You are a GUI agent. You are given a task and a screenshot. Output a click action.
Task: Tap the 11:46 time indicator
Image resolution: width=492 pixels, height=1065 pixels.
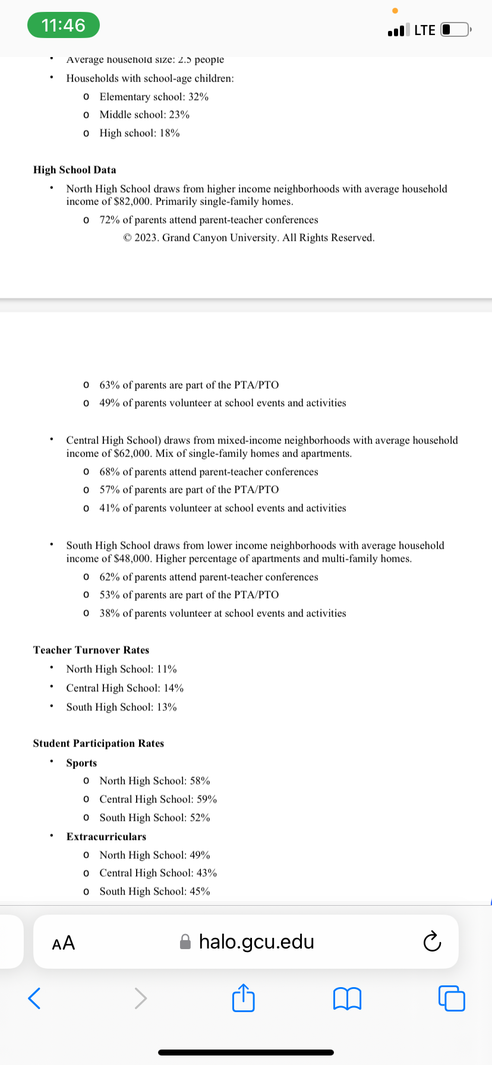(63, 26)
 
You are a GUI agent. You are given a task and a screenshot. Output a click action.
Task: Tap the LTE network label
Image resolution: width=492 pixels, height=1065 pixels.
(425, 30)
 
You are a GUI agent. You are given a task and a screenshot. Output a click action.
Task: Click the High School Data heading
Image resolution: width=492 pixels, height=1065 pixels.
(75, 170)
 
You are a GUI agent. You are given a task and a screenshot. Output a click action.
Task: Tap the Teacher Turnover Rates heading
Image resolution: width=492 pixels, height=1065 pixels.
(91, 650)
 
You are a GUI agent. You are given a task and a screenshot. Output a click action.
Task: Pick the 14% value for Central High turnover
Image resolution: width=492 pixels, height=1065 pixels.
(174, 688)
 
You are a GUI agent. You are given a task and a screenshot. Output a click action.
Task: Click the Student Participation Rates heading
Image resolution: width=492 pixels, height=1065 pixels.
(99, 743)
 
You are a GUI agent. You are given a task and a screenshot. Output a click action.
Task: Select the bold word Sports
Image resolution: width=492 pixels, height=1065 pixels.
(81, 763)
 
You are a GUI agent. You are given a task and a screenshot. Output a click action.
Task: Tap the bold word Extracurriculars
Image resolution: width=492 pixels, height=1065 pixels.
(106, 837)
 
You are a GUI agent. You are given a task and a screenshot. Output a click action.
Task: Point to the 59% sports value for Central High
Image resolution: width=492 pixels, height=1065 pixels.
(207, 799)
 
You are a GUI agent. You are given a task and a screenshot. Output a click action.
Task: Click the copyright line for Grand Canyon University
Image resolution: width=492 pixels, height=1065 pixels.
(249, 238)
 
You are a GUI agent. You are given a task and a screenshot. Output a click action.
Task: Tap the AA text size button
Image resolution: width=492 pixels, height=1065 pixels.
(64, 943)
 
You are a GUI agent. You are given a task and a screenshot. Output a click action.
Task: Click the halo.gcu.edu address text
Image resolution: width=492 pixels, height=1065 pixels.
(256, 942)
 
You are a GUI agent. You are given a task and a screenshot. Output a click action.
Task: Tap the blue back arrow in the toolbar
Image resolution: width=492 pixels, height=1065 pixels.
(34, 998)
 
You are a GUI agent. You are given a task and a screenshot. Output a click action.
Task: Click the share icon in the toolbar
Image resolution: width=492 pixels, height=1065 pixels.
(243, 998)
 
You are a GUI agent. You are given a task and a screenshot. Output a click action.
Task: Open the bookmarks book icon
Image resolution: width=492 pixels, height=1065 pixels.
(348, 998)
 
